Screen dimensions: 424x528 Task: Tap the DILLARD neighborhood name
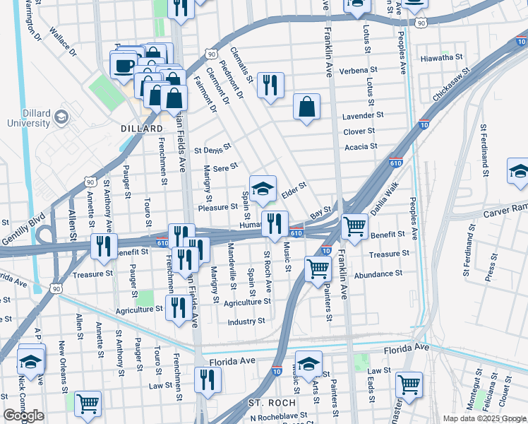click(142, 129)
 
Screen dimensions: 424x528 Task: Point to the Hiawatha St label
click(440, 57)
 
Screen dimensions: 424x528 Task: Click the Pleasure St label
click(217, 207)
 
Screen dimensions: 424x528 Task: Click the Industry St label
click(246, 322)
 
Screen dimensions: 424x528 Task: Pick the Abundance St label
click(378, 273)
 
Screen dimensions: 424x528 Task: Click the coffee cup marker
click(124, 66)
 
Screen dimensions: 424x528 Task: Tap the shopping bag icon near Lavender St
click(307, 107)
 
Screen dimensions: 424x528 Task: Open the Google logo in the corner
click(23, 416)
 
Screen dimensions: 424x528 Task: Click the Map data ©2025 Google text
click(484, 418)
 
